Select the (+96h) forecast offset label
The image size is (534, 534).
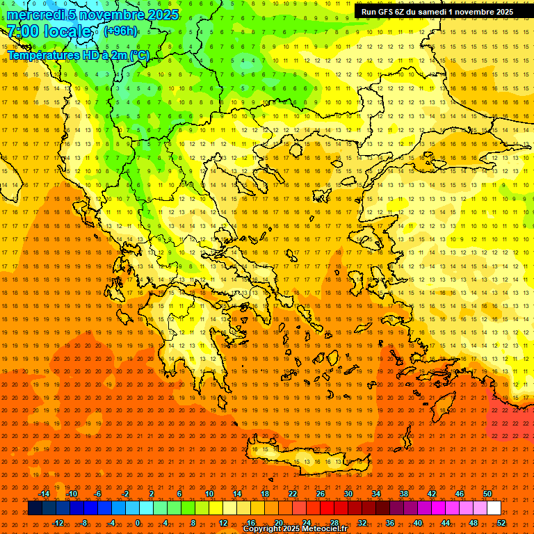(x=120, y=31)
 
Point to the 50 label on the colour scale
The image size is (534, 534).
(x=487, y=494)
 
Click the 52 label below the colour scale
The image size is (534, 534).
(x=501, y=522)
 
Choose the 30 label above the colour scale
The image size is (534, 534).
(x=348, y=494)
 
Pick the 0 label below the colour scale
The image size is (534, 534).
(x=138, y=522)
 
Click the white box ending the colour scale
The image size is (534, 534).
(x=494, y=508)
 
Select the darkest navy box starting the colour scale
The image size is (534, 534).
(x=35, y=508)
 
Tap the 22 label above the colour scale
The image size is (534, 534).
(x=293, y=494)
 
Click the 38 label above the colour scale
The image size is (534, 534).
(x=404, y=494)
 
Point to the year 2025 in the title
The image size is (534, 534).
(x=162, y=15)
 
